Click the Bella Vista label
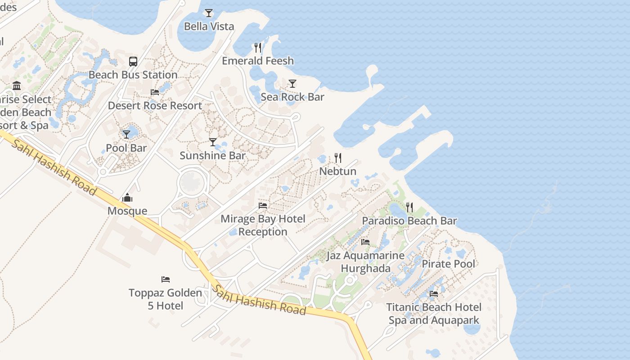click(x=209, y=27)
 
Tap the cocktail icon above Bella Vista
click(x=208, y=13)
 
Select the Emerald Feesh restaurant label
click(x=257, y=61)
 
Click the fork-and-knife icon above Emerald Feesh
click(x=257, y=47)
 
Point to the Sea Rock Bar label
click(x=292, y=97)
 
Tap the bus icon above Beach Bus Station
click(x=133, y=62)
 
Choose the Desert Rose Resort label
click(x=155, y=106)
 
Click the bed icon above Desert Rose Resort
click(x=155, y=92)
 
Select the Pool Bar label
click(x=126, y=148)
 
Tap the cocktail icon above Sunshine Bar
click(x=213, y=142)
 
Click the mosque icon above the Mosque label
click(x=127, y=198)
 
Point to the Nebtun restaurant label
click(x=337, y=171)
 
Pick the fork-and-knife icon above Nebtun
click(x=337, y=158)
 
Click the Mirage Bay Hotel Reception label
click(x=263, y=225)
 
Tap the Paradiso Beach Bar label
click(x=409, y=221)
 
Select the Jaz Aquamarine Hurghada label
click(x=365, y=262)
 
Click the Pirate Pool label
click(x=448, y=264)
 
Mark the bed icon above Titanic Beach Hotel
click(x=434, y=294)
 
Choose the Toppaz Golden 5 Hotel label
click(x=166, y=299)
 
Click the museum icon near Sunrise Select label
click(x=17, y=85)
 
